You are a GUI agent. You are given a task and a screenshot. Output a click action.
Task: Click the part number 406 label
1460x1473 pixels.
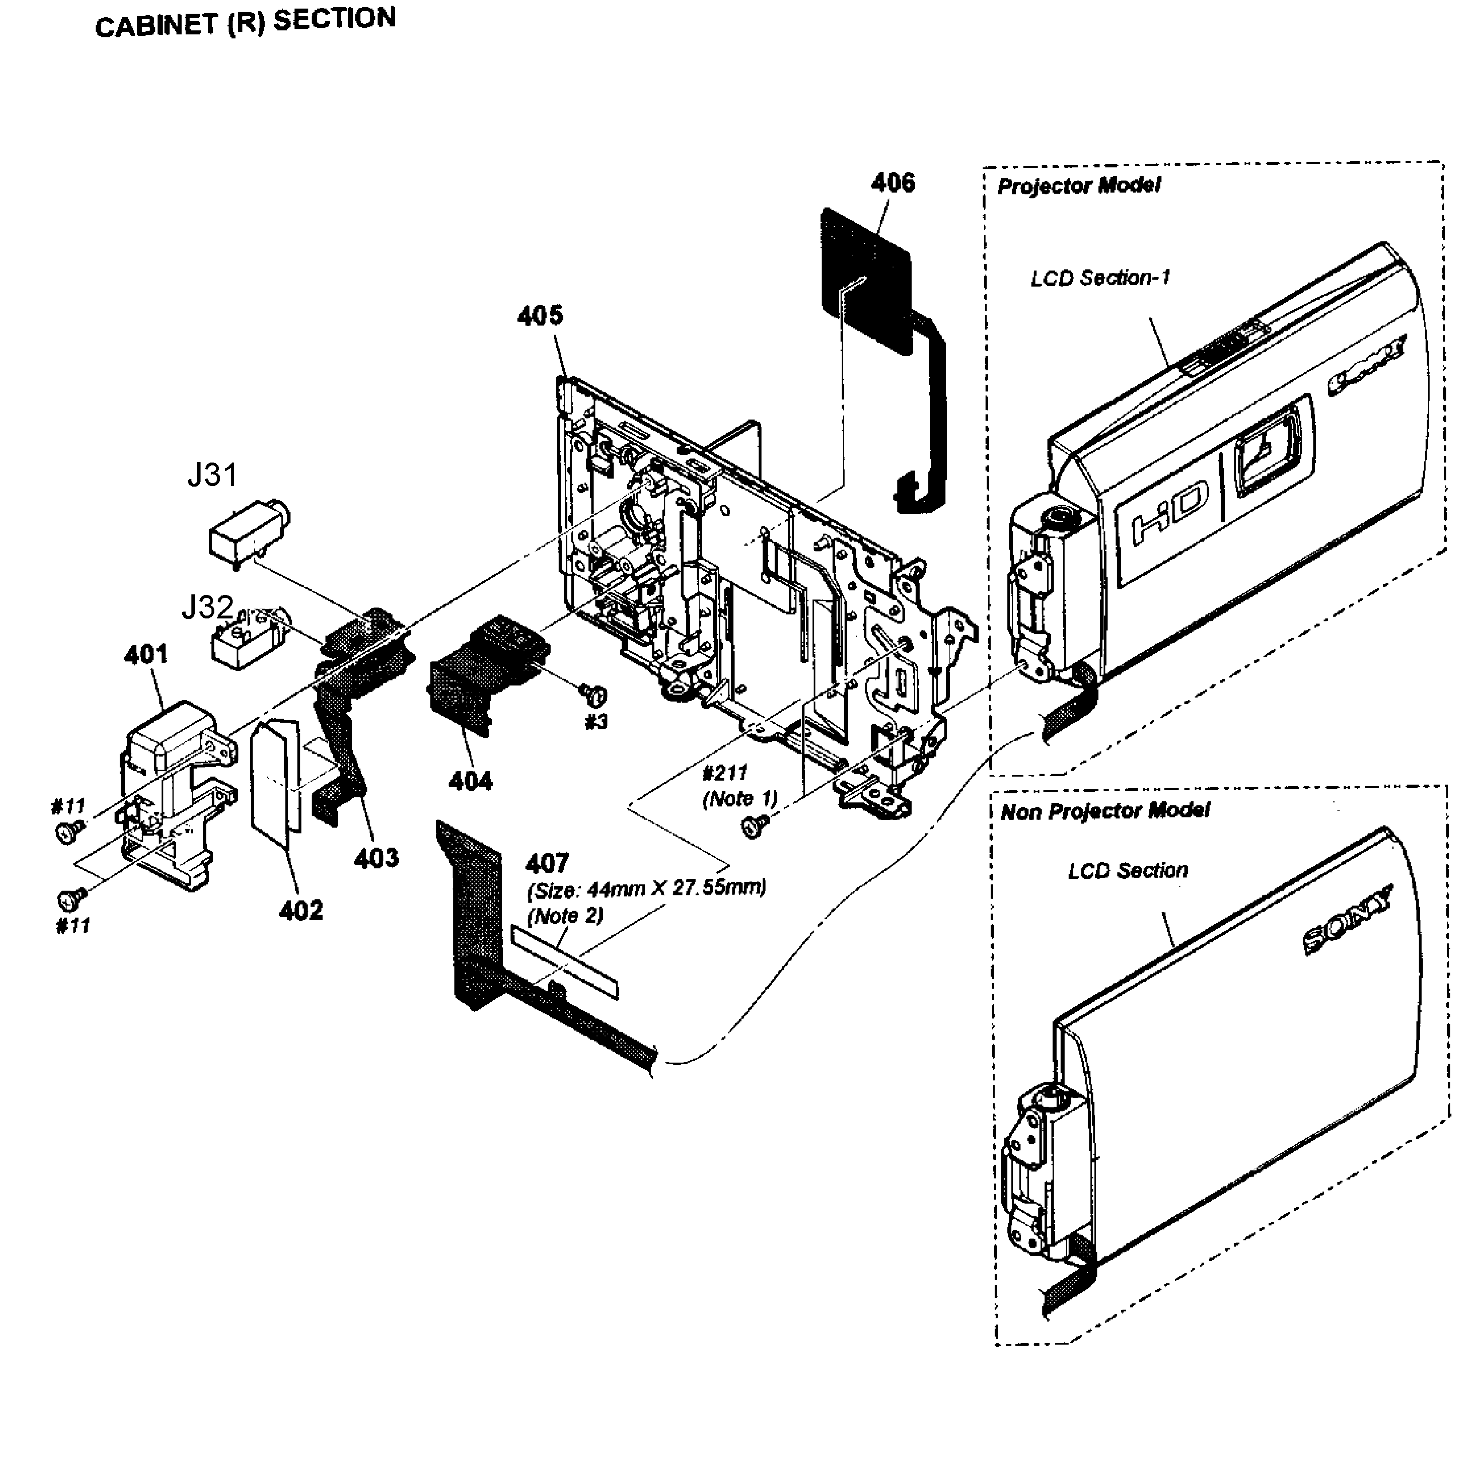[892, 183]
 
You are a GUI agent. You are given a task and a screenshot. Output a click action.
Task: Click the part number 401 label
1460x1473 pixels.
[146, 654]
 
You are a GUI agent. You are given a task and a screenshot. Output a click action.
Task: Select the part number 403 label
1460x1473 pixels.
[376, 859]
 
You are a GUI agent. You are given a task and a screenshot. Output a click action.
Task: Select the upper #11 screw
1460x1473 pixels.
[67, 833]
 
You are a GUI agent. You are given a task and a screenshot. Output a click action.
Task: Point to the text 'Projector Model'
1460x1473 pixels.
[1078, 185]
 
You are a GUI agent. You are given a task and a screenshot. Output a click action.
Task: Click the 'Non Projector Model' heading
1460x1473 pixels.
[1104, 810]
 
